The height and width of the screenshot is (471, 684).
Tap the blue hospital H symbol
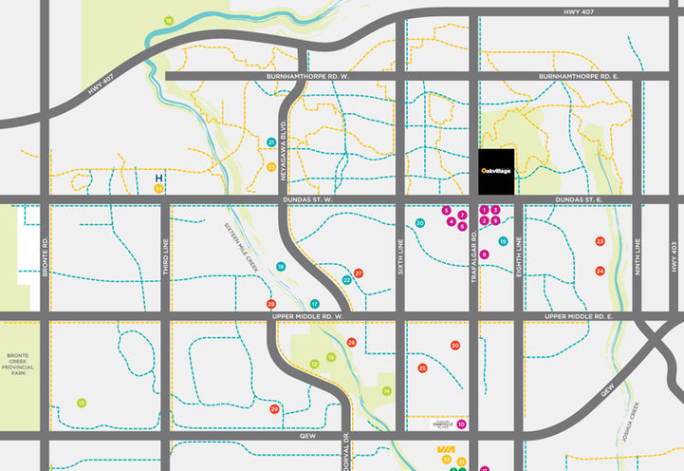[158, 177]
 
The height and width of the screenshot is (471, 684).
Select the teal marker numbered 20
[420, 223]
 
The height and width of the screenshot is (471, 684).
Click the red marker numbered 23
[600, 241]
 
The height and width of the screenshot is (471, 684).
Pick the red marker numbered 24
[600, 271]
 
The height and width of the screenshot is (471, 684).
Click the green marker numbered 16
[168, 20]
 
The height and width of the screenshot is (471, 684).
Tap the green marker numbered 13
[82, 403]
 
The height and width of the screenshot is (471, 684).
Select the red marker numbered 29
[274, 409]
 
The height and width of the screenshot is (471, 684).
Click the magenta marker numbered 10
[461, 424]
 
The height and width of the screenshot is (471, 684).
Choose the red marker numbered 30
[455, 346]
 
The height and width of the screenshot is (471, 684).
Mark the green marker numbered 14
[386, 391]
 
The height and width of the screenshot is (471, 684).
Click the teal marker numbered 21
[271, 142]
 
